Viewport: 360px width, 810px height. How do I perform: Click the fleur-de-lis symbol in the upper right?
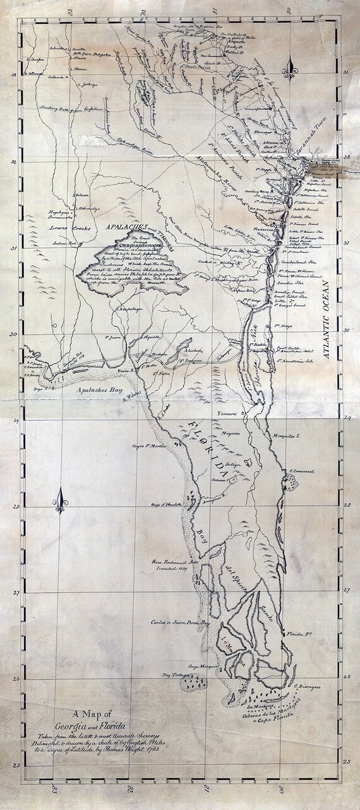pos(292,64)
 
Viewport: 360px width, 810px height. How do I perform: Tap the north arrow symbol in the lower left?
pos(61,501)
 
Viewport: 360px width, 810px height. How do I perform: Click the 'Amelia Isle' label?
pos(290,285)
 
